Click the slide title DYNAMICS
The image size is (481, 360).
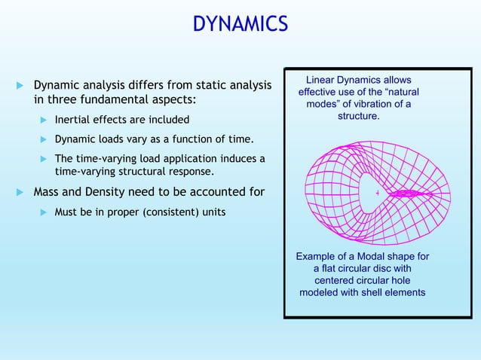[x=240, y=24]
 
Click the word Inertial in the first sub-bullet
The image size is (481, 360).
[x=74, y=120]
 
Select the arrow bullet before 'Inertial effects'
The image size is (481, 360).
[x=44, y=120]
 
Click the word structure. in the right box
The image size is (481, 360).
[x=358, y=117]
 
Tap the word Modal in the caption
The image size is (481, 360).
[x=365, y=257]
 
